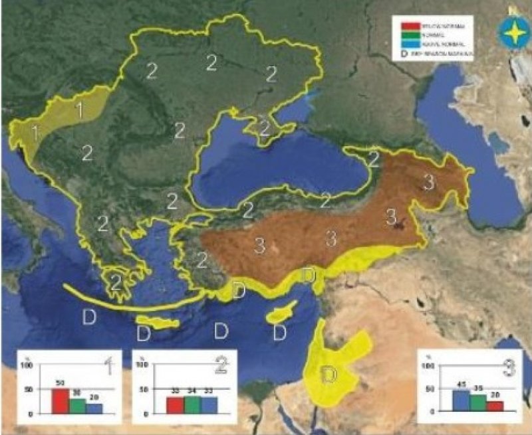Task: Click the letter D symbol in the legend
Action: pos(404,55)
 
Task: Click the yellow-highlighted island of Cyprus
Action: pos(282,313)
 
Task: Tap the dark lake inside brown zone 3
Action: pos(400,226)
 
